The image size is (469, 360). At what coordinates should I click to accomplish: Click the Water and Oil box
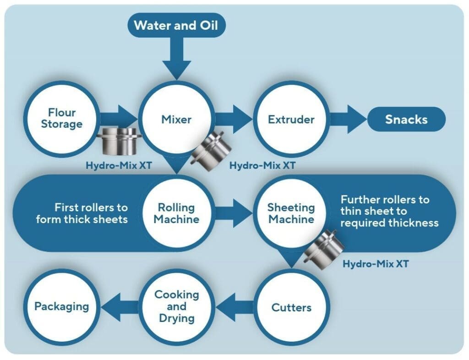(176, 25)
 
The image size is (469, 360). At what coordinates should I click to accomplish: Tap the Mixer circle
(176, 119)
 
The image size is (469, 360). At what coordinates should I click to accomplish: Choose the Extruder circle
(291, 119)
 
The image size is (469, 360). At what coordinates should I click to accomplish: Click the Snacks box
(406, 119)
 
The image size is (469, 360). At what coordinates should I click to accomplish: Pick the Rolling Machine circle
(176, 213)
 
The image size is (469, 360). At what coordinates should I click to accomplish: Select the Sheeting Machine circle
(291, 213)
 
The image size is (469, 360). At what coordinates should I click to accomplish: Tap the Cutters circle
(291, 307)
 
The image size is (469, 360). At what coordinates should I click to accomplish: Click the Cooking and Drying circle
(176, 306)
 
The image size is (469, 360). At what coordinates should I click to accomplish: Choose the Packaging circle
(62, 306)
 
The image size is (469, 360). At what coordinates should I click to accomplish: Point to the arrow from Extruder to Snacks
(349, 119)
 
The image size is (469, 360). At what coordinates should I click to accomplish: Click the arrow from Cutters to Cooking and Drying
(234, 307)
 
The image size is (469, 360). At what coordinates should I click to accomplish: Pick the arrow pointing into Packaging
(120, 307)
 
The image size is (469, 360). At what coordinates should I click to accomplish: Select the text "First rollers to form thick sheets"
(82, 213)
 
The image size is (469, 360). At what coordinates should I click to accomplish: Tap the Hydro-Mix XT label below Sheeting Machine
(376, 264)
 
